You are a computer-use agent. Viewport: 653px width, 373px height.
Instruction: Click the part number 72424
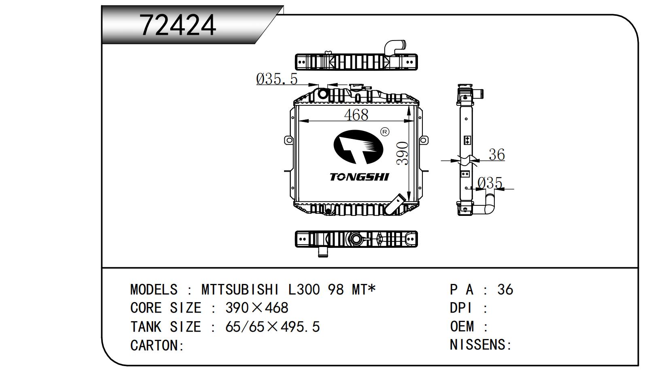click(178, 25)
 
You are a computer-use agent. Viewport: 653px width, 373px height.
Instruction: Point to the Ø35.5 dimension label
click(277, 79)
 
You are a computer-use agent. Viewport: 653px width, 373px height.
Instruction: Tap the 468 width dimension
click(356, 115)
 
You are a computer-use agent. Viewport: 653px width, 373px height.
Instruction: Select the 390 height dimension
click(402, 153)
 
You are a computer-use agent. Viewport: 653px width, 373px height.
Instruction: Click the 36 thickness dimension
click(496, 154)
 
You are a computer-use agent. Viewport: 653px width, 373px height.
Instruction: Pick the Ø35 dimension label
click(490, 183)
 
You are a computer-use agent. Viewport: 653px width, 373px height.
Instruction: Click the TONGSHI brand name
click(359, 177)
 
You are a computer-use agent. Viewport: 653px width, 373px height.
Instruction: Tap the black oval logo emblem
click(358, 147)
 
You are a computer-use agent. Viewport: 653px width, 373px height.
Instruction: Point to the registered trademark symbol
click(385, 132)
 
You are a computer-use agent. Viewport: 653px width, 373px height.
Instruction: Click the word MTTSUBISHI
click(240, 290)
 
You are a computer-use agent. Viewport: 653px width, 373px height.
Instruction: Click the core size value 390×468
click(257, 308)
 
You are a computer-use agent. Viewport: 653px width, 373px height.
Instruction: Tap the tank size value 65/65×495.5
click(272, 326)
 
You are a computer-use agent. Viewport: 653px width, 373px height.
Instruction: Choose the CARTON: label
click(157, 345)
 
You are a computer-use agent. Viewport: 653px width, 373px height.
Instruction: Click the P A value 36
click(505, 290)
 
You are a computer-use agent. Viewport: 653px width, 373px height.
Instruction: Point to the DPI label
click(461, 308)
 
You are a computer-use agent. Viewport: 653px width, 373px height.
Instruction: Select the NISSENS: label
click(481, 345)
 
